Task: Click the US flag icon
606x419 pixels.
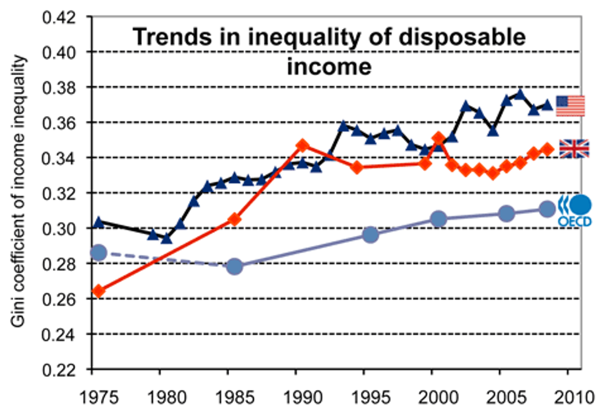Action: pos(570,106)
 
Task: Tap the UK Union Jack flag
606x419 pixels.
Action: pos(574,149)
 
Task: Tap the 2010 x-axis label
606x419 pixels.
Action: pos(567,397)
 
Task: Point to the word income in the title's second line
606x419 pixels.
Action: pos(329,67)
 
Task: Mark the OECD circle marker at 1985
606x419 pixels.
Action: pos(234,266)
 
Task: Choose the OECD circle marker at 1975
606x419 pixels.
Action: pos(98,253)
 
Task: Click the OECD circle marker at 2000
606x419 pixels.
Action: pos(439,219)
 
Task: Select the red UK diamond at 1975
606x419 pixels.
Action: pos(98,291)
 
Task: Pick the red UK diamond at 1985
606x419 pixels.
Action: pos(234,220)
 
